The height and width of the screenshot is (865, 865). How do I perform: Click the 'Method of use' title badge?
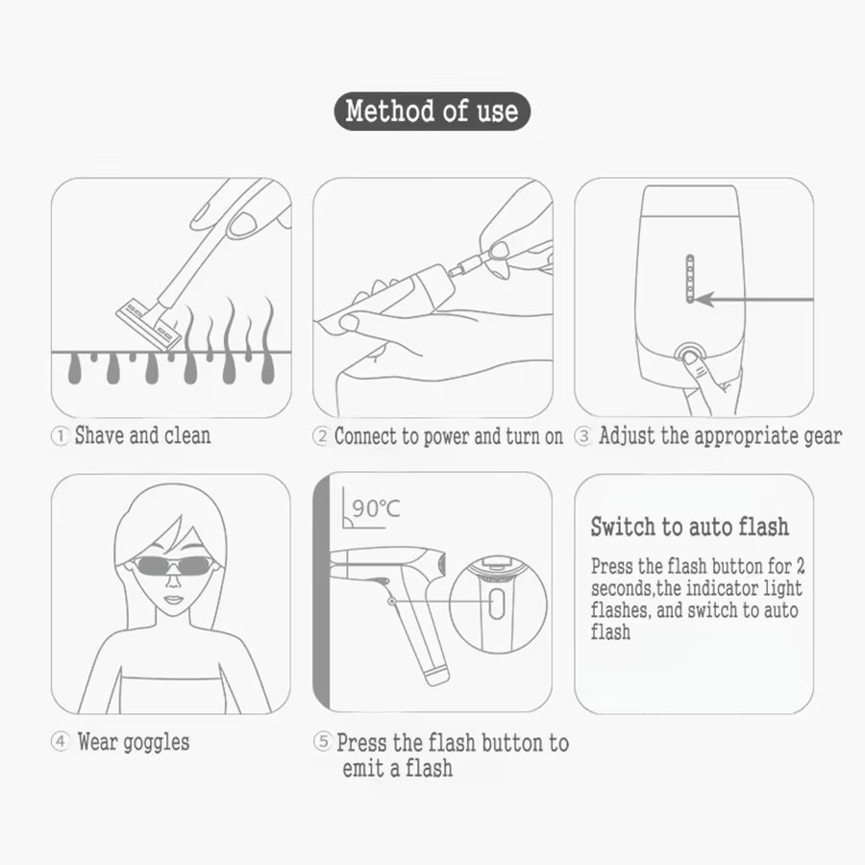click(x=432, y=111)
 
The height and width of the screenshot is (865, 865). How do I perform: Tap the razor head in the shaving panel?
click(x=148, y=324)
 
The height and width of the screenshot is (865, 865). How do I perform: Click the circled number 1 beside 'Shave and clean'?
click(x=59, y=436)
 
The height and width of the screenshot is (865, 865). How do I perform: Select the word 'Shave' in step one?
click(x=99, y=435)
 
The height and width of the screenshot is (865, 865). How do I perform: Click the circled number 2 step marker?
click(x=320, y=436)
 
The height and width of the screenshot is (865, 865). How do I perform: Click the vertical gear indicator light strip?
click(x=689, y=279)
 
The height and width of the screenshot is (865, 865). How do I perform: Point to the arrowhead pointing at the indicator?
click(x=704, y=300)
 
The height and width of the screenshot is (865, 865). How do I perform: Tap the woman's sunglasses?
click(x=173, y=565)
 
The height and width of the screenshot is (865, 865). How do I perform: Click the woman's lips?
click(x=173, y=600)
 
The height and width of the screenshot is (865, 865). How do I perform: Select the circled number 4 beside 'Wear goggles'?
click(x=61, y=741)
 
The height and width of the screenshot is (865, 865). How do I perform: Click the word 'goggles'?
click(x=156, y=743)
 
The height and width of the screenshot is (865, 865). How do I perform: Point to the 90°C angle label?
click(x=376, y=508)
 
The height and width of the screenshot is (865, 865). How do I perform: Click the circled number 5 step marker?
click(x=323, y=741)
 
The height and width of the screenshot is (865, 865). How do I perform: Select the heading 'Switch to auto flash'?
click(x=689, y=527)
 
